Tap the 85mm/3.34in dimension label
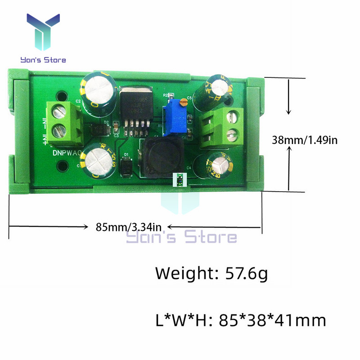[129, 226]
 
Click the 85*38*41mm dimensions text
[272, 320]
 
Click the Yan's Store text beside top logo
[43, 60]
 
